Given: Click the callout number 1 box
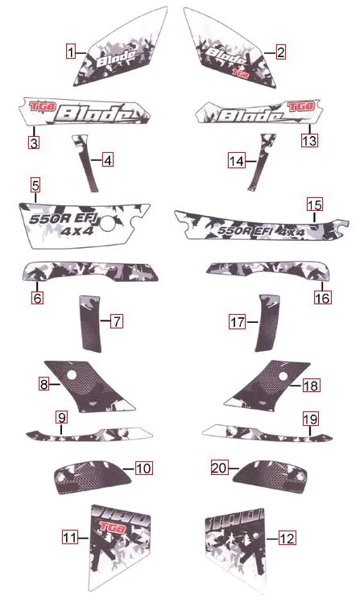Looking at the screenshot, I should (72, 53).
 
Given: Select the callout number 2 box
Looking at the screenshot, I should (280, 53).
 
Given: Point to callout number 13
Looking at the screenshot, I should (309, 140).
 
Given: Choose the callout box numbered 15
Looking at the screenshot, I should (314, 204).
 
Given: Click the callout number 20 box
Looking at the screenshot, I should (218, 467).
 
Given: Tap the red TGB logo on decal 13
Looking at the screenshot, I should (300, 105).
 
